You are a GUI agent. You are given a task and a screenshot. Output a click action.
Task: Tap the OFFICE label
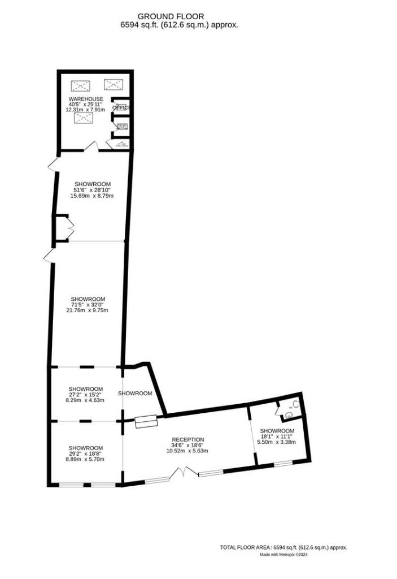[x=121, y=107]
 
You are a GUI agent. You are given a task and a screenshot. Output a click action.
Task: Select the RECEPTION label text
[x=188, y=439]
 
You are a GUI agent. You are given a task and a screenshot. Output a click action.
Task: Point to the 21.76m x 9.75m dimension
[x=88, y=310]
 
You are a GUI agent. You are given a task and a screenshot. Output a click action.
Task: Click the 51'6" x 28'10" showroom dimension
[x=92, y=190]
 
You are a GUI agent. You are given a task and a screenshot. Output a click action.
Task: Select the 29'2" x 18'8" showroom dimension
[x=86, y=453]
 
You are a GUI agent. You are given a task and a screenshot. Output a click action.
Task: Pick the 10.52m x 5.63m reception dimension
[x=188, y=451]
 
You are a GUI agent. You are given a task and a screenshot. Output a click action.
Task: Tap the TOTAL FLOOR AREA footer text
[x=283, y=547]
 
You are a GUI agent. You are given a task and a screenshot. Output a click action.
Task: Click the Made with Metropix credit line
[x=283, y=555]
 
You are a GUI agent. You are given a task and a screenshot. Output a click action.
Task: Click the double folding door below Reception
[x=185, y=472]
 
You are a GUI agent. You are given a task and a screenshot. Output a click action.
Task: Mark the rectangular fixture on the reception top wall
[x=146, y=421]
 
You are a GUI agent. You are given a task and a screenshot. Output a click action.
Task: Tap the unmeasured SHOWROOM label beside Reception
[x=135, y=393]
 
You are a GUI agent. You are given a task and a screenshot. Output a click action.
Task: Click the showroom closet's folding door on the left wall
[x=69, y=228]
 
